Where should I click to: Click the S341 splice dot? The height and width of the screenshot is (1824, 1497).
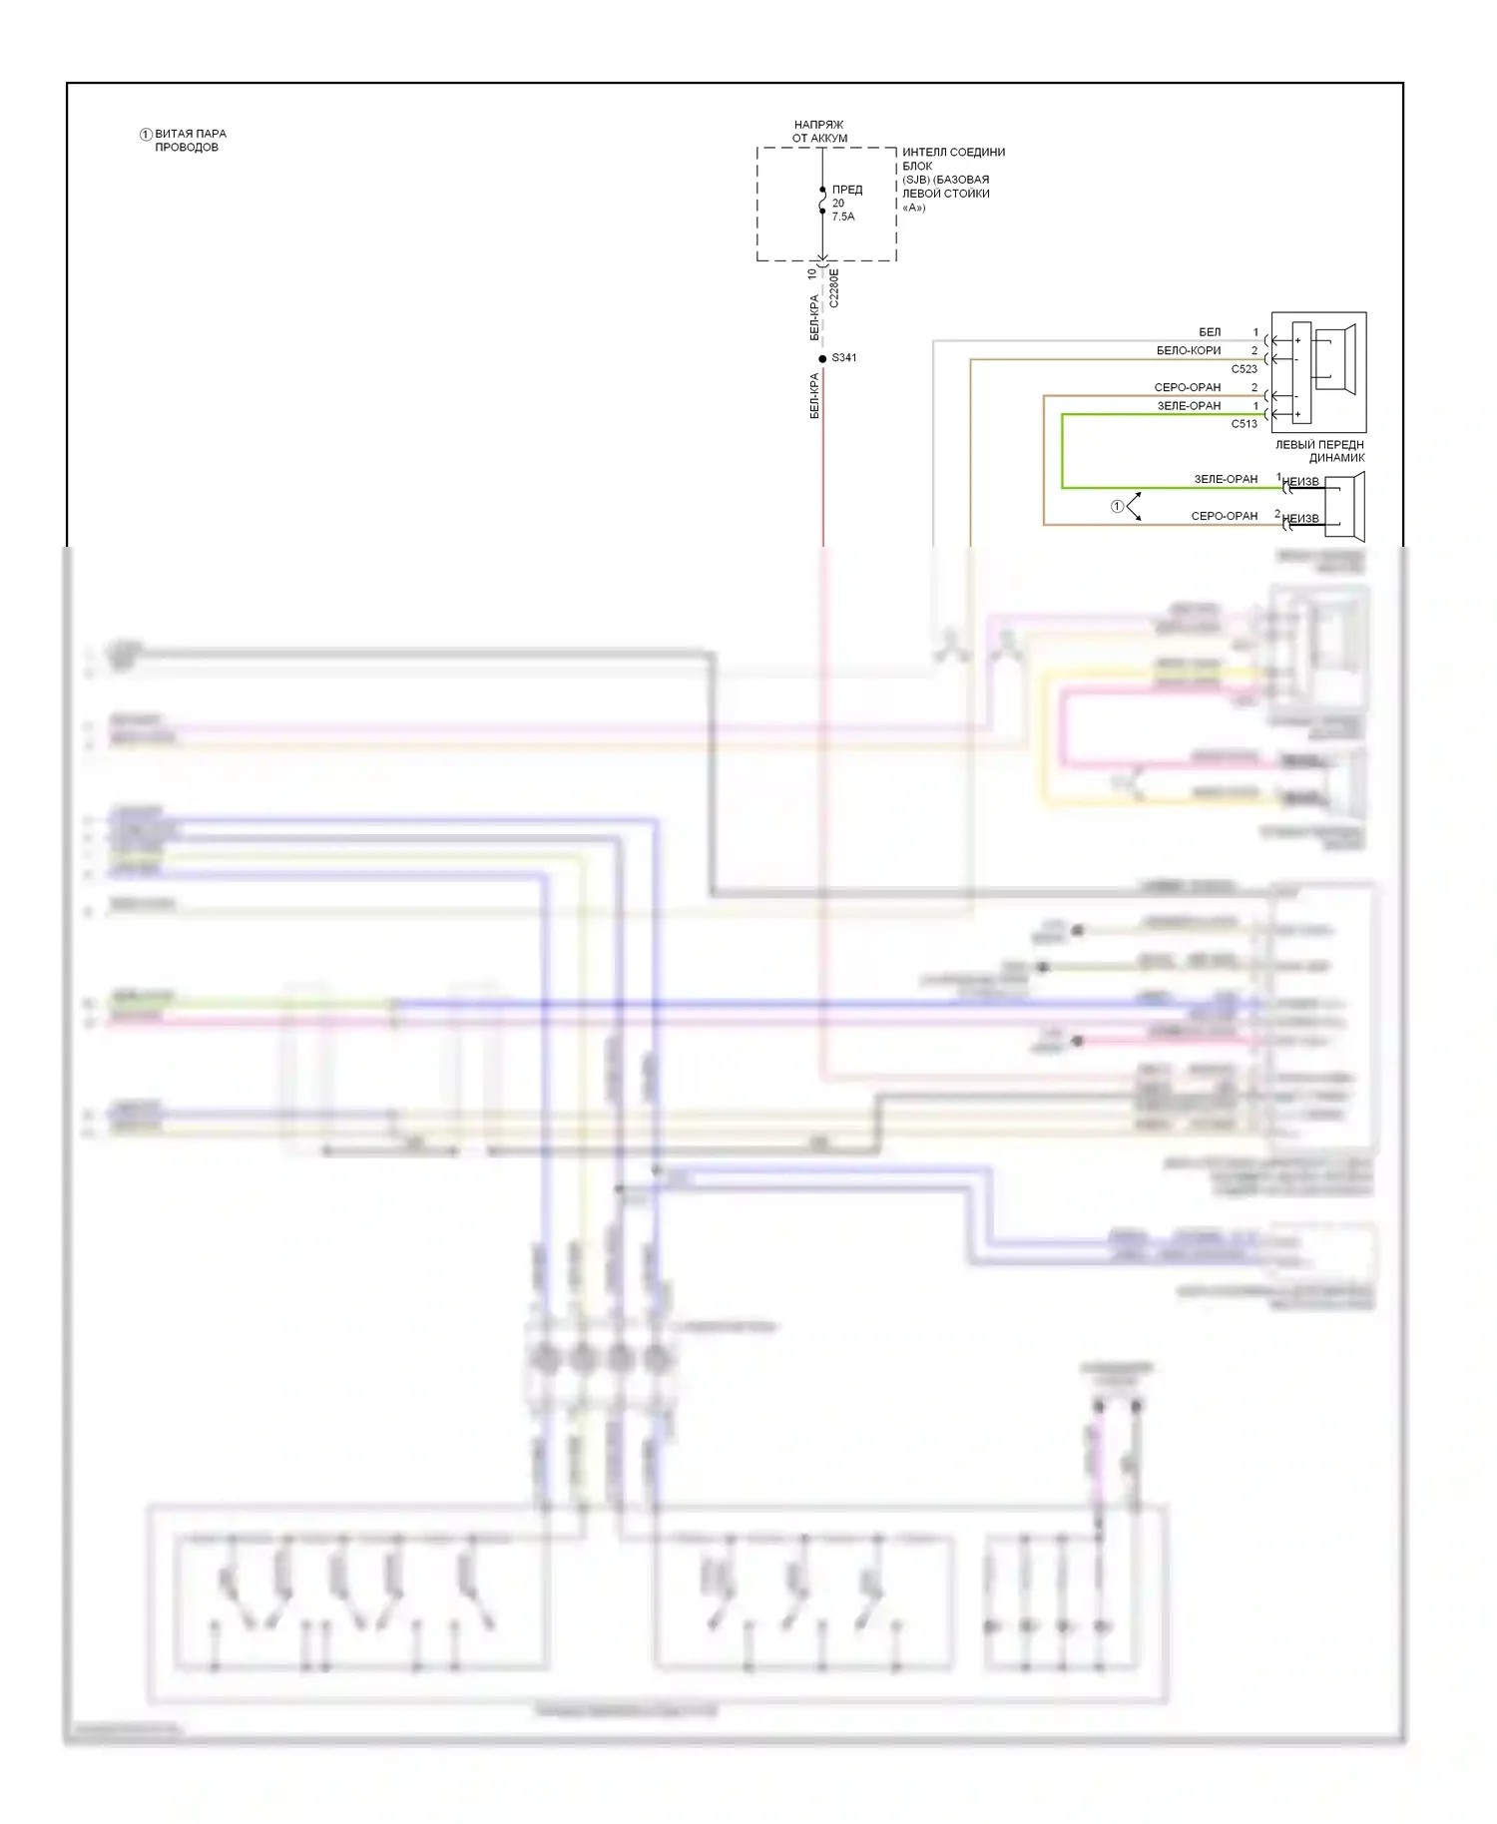tap(822, 358)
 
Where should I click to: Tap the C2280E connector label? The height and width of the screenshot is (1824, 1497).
tap(834, 288)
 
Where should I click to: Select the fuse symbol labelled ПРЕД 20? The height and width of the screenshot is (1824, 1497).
tap(822, 201)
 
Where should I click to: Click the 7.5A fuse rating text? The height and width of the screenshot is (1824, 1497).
tap(843, 217)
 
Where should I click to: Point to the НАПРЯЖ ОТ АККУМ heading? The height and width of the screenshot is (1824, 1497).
tap(819, 132)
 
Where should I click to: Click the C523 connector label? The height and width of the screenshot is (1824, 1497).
tap(1244, 369)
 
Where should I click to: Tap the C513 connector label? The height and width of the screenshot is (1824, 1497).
tap(1244, 424)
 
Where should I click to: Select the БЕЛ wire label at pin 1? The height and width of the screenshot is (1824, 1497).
tap(1210, 332)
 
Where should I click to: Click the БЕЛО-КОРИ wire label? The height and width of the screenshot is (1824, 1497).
tap(1189, 351)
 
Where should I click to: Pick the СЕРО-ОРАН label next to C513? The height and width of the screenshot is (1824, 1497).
tap(1188, 388)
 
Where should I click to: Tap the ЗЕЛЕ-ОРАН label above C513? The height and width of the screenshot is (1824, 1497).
tap(1189, 406)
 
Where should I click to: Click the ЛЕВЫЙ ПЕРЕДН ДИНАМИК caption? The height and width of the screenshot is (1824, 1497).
tap(1319, 451)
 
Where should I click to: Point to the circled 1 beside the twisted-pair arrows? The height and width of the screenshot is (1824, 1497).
tap(1118, 507)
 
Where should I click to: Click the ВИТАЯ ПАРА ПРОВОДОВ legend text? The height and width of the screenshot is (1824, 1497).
tap(190, 140)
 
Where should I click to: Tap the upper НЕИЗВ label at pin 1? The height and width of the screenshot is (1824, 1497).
tap(1300, 482)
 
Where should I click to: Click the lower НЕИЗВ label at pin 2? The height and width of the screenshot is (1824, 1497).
tap(1300, 519)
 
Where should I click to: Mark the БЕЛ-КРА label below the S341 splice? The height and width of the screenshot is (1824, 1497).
tap(814, 396)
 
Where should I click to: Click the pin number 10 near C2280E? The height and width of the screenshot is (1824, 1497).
tap(811, 272)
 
